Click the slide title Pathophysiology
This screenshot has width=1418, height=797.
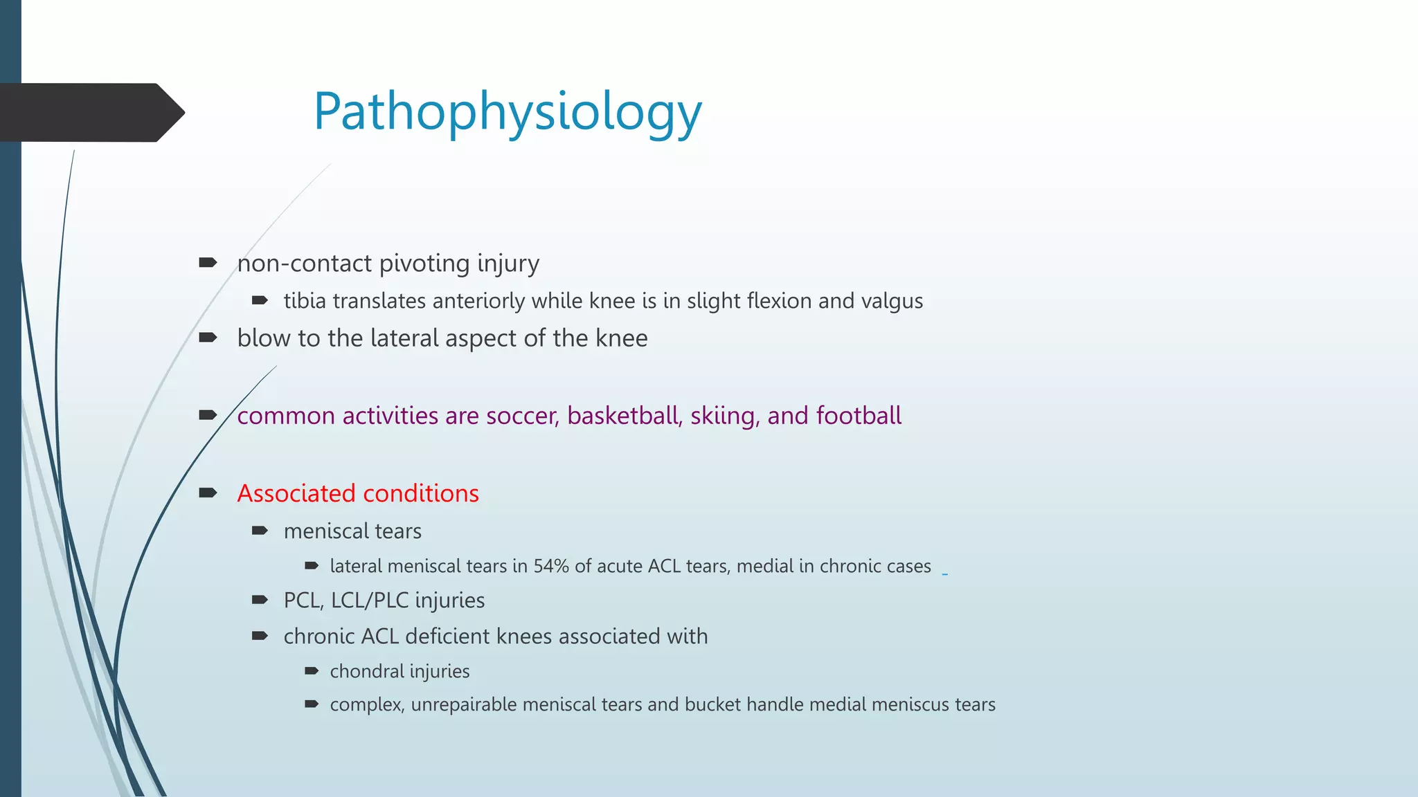[508, 112]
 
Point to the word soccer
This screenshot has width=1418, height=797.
[522, 416]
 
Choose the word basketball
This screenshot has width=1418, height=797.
[625, 416]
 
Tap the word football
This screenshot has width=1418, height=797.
[859, 416]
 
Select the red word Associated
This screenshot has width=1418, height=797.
[296, 494]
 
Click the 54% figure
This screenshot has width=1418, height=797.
[551, 567]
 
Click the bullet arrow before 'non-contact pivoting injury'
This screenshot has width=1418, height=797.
[208, 263]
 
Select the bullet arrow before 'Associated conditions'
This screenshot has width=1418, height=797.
[208, 493]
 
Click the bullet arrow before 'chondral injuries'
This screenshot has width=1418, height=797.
[312, 671]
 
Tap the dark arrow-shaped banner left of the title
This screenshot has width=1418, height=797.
[90, 113]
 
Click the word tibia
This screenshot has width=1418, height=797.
[305, 302]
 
